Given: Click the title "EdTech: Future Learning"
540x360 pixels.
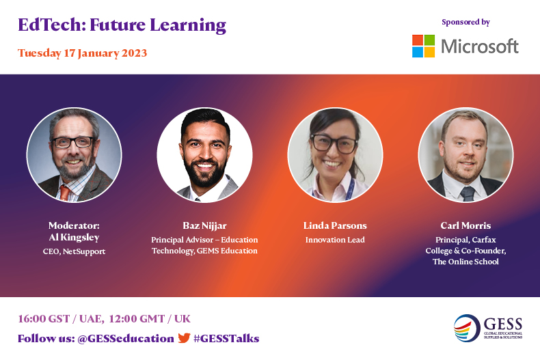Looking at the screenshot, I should [x=122, y=26].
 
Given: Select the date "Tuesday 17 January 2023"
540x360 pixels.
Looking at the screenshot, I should [x=82, y=53].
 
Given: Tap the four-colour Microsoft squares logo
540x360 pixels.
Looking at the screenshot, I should [x=423, y=46].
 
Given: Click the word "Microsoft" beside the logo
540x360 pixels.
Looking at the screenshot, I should [x=480, y=46].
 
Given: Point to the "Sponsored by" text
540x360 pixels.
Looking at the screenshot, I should [x=465, y=22].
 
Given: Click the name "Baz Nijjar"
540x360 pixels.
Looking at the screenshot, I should [x=204, y=225].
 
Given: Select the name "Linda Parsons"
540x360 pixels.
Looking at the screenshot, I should [x=335, y=225].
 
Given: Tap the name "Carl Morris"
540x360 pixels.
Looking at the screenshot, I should [x=465, y=225].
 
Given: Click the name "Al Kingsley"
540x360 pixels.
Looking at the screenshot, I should [x=74, y=236].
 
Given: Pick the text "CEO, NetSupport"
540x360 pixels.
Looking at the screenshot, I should [x=74, y=251].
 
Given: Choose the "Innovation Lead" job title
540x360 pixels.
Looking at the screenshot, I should [x=335, y=240].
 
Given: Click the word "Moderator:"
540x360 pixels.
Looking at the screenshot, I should [x=74, y=225].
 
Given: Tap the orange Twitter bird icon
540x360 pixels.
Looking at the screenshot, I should [x=184, y=337].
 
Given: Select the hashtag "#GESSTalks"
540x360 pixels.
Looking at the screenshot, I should [x=226, y=338].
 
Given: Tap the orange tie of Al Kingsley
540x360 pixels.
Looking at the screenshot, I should [x=64, y=192].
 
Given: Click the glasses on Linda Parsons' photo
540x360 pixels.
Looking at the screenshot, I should [x=334, y=143].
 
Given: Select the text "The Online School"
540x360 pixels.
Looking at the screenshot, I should [x=465, y=262].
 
